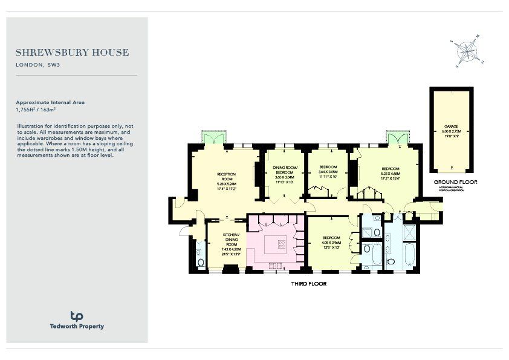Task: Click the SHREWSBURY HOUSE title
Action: point(72,53)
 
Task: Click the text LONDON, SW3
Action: point(37,65)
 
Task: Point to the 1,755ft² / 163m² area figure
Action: point(36,110)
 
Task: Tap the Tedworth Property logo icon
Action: point(77,316)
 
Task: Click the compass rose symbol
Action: point(466,50)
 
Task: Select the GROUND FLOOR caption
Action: point(455,182)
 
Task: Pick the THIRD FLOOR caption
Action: point(308,283)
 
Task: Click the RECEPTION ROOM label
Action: point(225,177)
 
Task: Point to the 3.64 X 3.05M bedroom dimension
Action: point(328,172)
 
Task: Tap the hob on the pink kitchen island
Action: point(282,244)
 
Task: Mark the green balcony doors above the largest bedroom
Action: point(397,139)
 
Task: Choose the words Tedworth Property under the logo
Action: point(77,327)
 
